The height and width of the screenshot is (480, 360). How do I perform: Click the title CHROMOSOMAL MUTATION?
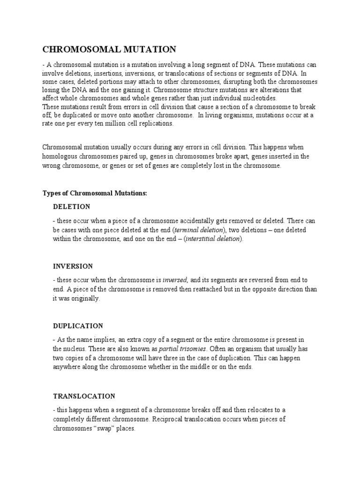109,49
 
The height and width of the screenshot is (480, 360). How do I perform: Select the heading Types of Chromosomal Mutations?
95,193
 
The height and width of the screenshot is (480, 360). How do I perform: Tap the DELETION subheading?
72,207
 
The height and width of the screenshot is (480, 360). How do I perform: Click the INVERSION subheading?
73,266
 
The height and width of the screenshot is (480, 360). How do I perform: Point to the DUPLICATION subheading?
78,326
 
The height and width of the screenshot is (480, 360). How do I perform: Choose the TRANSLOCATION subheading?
84,396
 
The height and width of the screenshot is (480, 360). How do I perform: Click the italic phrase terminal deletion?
199,230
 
